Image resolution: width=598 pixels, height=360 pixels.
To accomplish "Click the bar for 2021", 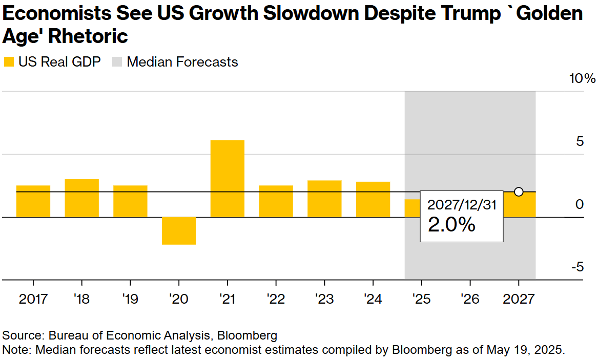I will pyautogui.click(x=228, y=178).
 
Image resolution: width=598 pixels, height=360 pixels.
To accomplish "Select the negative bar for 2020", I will pyautogui.click(x=179, y=230).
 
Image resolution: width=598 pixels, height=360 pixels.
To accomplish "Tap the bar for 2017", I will pyautogui.click(x=33, y=201).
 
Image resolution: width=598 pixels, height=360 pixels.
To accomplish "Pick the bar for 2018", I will pyautogui.click(x=81, y=198).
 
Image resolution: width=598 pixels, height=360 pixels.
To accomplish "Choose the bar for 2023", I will pyautogui.click(x=324, y=199).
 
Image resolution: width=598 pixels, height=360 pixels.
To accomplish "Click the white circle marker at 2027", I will pyautogui.click(x=519, y=192).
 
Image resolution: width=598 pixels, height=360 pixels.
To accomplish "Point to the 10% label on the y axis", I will pyautogui.click(x=583, y=79).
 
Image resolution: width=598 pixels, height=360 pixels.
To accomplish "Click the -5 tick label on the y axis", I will pyautogui.click(x=578, y=267).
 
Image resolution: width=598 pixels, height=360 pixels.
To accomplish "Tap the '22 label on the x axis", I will pyautogui.click(x=276, y=299).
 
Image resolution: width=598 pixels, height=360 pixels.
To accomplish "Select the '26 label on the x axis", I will pyautogui.click(x=470, y=299).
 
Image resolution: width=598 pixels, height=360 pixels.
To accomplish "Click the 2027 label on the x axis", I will pyautogui.click(x=519, y=299).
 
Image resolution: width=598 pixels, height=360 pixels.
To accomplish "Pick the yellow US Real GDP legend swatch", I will pyautogui.click(x=9, y=62).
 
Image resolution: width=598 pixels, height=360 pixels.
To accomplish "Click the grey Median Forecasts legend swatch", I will pyautogui.click(x=117, y=62).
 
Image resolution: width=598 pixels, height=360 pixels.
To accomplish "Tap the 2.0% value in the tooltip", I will pyautogui.click(x=451, y=224).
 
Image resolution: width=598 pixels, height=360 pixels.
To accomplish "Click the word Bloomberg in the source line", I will pyautogui.click(x=247, y=336).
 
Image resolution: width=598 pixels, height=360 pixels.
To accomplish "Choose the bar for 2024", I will pyautogui.click(x=373, y=200).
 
